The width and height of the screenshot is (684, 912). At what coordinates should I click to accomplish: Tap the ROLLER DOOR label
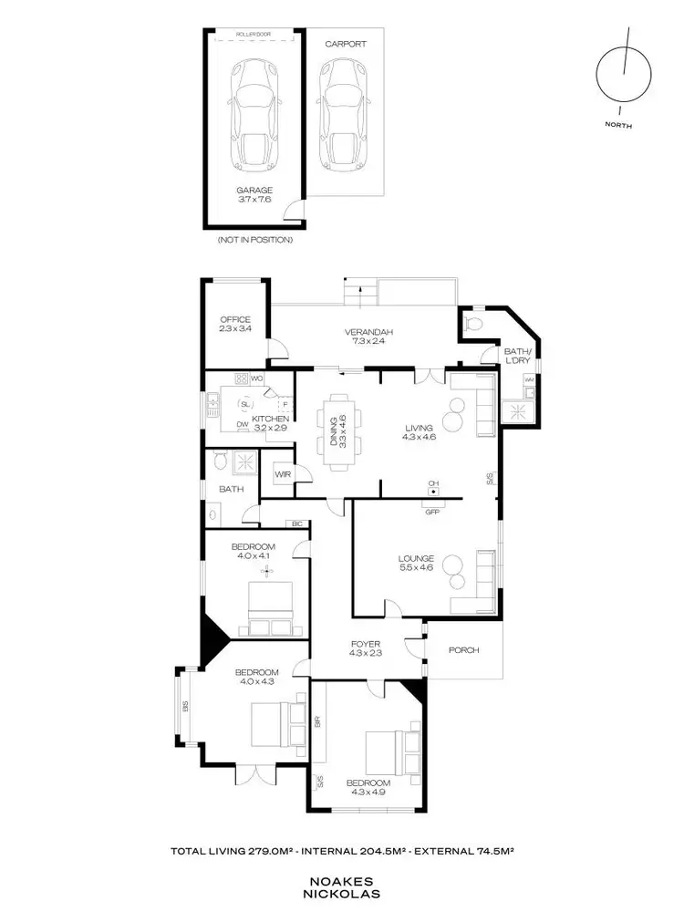pos(255,34)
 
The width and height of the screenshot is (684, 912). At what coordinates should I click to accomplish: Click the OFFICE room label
pos(234,319)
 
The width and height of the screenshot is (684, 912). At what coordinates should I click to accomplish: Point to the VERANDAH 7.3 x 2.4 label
pos(362,337)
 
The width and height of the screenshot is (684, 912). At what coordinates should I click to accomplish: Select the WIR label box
pos(283,474)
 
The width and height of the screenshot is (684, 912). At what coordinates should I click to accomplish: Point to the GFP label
pos(432,511)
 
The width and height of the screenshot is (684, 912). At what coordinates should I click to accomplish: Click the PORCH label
pos(462,650)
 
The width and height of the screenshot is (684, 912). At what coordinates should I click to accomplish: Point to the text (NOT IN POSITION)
pos(254,240)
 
